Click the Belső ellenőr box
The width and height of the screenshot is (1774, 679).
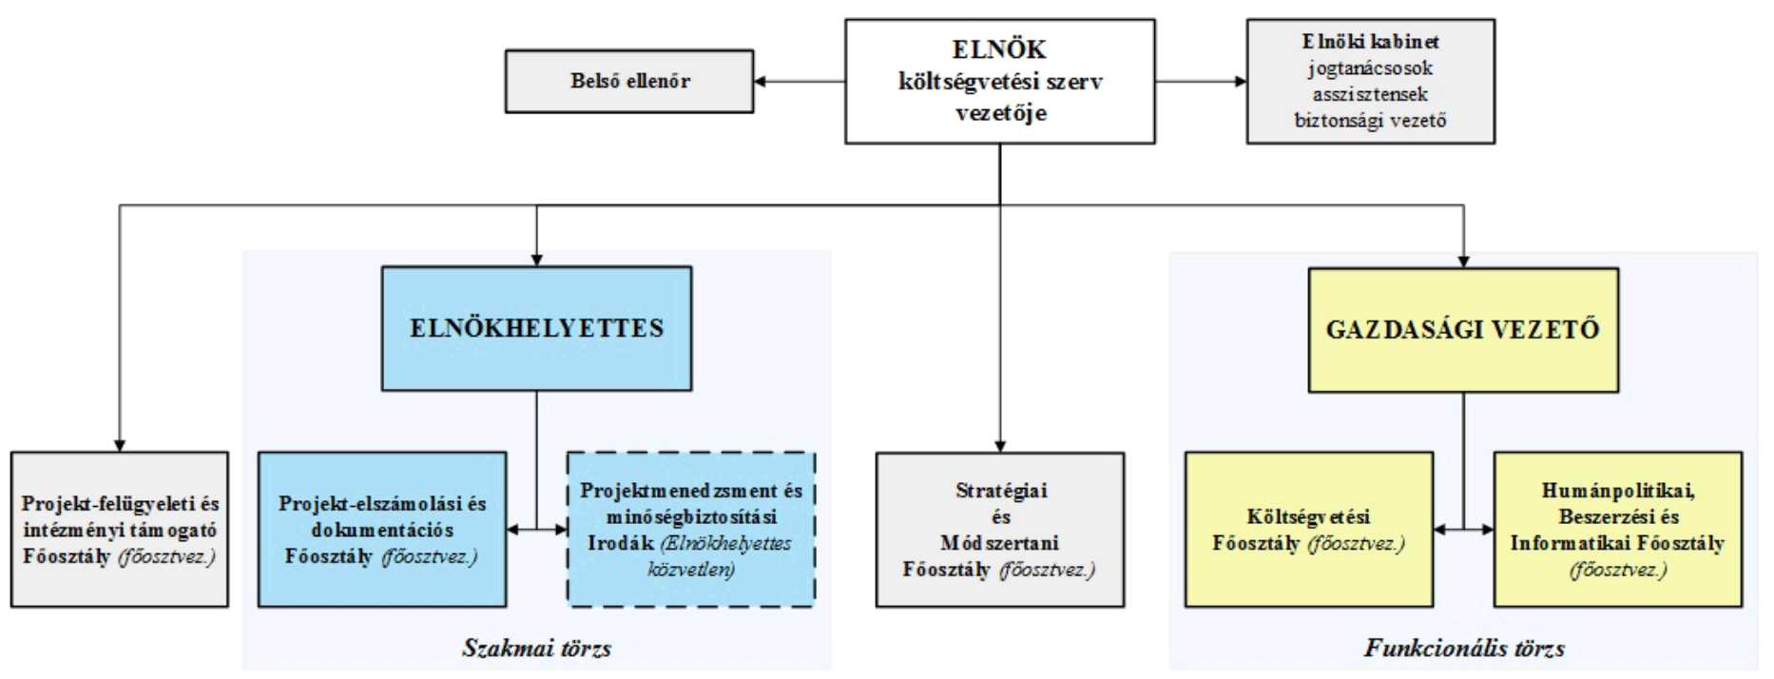[628, 82]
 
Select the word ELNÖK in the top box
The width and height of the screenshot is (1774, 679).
[999, 49]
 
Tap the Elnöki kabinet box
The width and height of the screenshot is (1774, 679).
[1370, 82]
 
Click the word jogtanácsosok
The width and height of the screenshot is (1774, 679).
[1370, 68]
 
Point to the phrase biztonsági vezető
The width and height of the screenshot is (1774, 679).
[1370, 121]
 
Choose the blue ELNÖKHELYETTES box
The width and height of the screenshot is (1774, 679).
[536, 328]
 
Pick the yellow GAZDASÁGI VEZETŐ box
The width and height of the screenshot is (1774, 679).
[1463, 330]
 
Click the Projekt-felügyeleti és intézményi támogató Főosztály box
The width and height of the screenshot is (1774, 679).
[120, 530]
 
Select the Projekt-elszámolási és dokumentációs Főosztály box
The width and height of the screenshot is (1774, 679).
[382, 530]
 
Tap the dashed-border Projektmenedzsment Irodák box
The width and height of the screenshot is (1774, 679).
[691, 530]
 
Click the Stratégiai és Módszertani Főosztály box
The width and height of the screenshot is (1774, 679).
[999, 530]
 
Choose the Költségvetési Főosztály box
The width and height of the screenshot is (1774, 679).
[1308, 530]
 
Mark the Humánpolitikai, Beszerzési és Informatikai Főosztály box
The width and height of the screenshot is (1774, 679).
[1617, 530]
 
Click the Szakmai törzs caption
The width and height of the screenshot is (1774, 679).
[536, 649]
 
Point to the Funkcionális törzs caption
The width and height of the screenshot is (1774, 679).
[1464, 649]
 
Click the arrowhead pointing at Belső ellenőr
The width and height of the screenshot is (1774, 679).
[761, 82]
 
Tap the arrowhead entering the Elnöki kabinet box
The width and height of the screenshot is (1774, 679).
[1240, 82]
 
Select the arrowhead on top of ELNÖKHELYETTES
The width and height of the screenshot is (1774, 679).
[536, 260]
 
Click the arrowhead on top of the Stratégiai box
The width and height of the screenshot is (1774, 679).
[999, 446]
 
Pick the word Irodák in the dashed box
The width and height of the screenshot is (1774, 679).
[620, 543]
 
